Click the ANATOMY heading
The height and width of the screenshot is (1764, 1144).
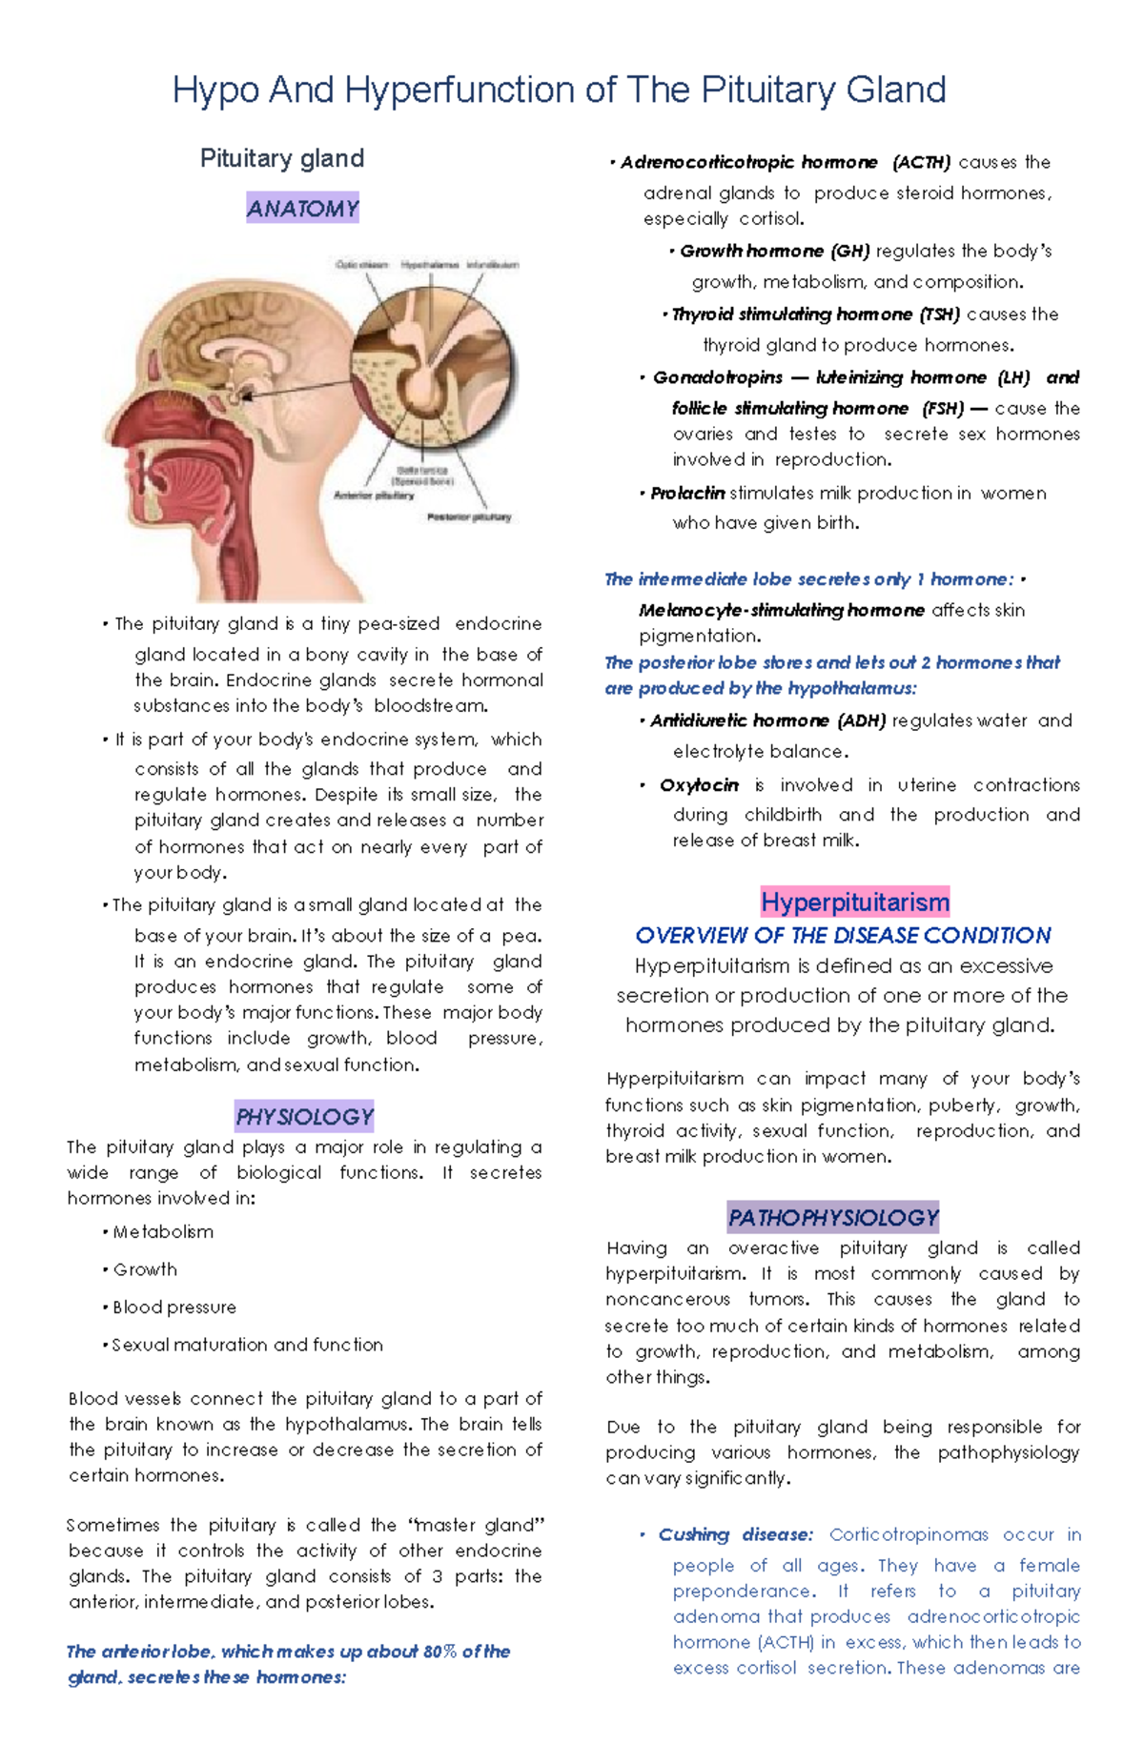[x=302, y=208]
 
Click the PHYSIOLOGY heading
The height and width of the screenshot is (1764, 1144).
[x=304, y=1116]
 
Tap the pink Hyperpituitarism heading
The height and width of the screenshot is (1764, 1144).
[x=855, y=902]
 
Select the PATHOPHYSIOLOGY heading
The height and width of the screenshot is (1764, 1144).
[x=833, y=1217]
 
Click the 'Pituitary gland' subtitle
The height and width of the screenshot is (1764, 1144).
[x=281, y=158]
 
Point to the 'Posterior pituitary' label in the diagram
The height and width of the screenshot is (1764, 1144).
[x=469, y=517]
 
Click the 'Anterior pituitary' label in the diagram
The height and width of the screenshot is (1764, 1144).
[x=374, y=496]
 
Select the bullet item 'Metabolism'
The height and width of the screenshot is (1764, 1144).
[x=163, y=1232]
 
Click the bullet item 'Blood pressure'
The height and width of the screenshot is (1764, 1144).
[x=174, y=1308]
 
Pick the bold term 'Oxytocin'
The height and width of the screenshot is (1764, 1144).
[x=699, y=785]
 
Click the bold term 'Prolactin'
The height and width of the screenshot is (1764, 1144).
[x=687, y=494]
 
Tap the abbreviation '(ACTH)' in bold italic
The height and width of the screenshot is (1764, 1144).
[x=921, y=163]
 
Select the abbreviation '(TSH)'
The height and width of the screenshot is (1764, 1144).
[x=939, y=314]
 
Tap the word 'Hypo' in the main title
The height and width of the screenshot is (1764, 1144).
[x=215, y=91]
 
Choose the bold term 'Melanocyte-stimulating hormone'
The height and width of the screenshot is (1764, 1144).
[x=781, y=610]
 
